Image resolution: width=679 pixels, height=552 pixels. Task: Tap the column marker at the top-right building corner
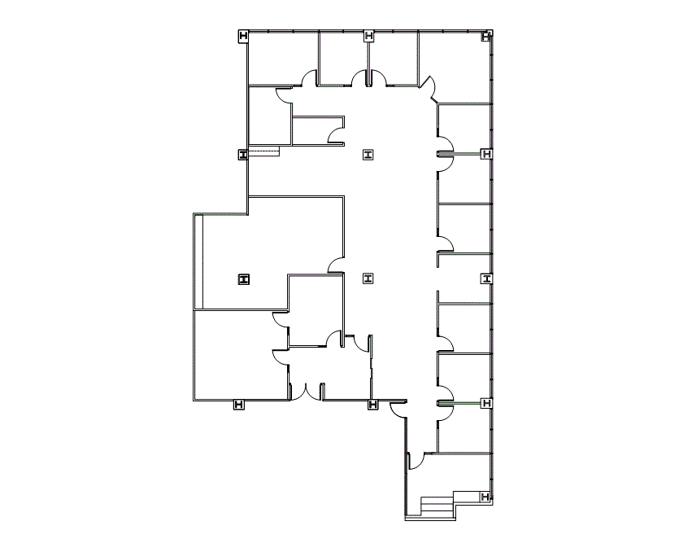click(486, 36)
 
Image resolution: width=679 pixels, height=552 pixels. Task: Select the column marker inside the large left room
click(243, 279)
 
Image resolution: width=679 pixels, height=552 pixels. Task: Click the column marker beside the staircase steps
click(485, 497)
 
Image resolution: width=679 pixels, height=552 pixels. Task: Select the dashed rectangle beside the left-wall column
click(263, 151)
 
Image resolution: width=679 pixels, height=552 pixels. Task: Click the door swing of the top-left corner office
click(308, 79)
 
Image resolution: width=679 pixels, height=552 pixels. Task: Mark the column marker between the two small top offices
click(369, 35)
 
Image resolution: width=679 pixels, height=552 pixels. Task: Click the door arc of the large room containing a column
click(334, 265)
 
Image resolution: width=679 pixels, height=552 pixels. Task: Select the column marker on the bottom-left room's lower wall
click(239, 404)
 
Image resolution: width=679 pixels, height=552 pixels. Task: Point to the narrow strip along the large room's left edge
click(197, 261)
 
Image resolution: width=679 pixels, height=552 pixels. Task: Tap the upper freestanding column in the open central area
click(368, 154)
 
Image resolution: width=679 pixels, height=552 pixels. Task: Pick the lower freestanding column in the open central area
click(368, 278)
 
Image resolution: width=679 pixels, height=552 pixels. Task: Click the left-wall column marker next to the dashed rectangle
click(243, 155)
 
